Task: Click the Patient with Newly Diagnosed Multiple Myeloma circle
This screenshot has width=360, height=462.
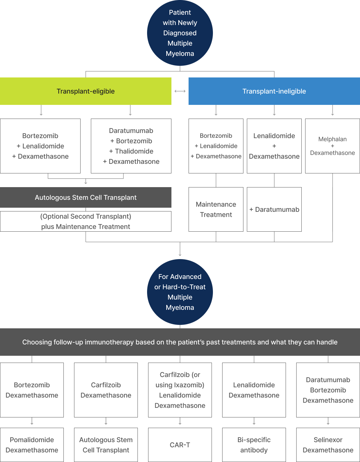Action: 180,33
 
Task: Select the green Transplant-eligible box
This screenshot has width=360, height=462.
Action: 86,91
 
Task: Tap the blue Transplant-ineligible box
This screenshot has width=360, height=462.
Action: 274,91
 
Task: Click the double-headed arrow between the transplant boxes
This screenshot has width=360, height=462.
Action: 180,91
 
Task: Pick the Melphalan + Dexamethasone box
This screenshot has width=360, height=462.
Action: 333,146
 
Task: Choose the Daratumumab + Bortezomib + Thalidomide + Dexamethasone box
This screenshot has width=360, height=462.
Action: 131,146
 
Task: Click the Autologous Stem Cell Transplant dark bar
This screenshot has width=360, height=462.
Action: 86,197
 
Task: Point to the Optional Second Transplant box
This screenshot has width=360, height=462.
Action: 86,221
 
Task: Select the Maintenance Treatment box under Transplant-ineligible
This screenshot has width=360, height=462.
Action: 216,209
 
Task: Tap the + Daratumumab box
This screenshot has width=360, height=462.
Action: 274,209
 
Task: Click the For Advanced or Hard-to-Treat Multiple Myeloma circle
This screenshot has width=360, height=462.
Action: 180,292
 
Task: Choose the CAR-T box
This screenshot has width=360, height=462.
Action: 180,445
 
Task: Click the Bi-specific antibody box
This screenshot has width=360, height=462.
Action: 254,445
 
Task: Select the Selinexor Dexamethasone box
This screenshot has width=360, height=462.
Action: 328,445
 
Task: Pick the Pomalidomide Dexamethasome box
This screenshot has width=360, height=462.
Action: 32,445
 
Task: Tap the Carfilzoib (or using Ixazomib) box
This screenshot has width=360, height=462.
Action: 180,390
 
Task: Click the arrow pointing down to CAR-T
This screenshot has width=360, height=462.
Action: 180,421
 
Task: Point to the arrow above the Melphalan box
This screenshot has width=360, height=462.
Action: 333,110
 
